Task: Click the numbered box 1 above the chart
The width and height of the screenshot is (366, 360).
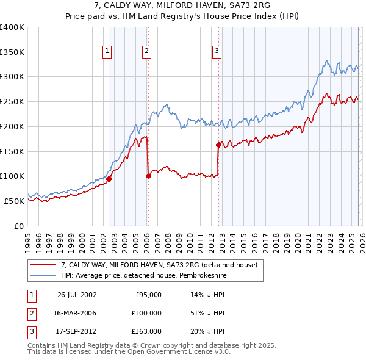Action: tap(107, 52)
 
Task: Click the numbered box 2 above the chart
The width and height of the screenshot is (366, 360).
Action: tap(148, 52)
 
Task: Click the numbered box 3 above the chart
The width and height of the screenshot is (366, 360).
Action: tap(217, 52)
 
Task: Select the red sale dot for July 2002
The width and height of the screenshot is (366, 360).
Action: tap(109, 179)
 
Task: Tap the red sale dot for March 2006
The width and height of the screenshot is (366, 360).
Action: tap(148, 176)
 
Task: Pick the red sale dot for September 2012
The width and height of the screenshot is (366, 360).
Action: tap(218, 145)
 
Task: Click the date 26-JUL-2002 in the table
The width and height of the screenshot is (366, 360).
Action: tap(77, 295)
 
